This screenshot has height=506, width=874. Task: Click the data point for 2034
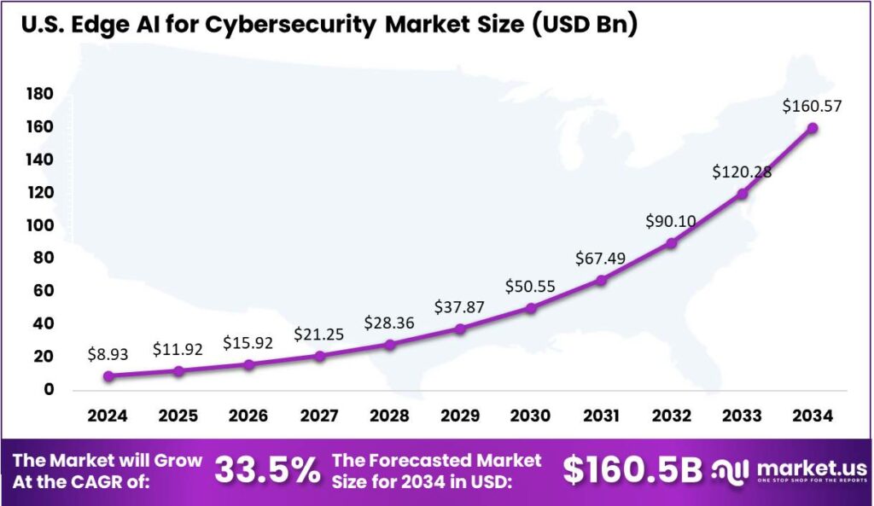(813, 128)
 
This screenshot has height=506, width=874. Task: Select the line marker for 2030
(531, 307)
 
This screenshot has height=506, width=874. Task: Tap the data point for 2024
(108, 375)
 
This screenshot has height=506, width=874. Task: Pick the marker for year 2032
(672, 243)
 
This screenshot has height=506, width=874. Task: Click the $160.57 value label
(812, 106)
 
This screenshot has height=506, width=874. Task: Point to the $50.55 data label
(529, 286)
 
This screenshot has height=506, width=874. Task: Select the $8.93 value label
(108, 353)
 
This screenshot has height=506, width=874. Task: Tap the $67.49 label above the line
(601, 259)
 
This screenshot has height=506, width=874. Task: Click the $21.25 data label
(319, 334)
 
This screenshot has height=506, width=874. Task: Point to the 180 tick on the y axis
(40, 93)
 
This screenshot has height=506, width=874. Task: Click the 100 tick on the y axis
(40, 225)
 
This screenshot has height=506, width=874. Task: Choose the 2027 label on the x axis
(319, 416)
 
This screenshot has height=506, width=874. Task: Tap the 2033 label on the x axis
(742, 416)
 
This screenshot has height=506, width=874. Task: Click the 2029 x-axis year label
(460, 416)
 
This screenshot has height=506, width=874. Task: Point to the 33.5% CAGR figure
(267, 469)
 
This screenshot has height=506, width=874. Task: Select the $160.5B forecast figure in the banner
(632, 469)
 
